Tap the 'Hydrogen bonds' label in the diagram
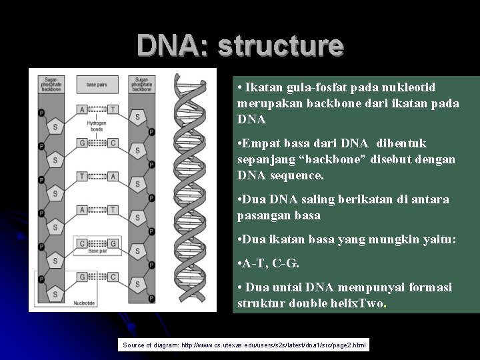[97, 126]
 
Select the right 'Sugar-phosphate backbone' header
[141, 84]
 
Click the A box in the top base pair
[82, 109]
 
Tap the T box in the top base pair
[113, 109]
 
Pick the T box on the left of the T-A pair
[82, 176]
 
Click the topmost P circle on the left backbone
[42, 113]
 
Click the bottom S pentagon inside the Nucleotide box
[55, 294]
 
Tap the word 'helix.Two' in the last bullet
[361, 303]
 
